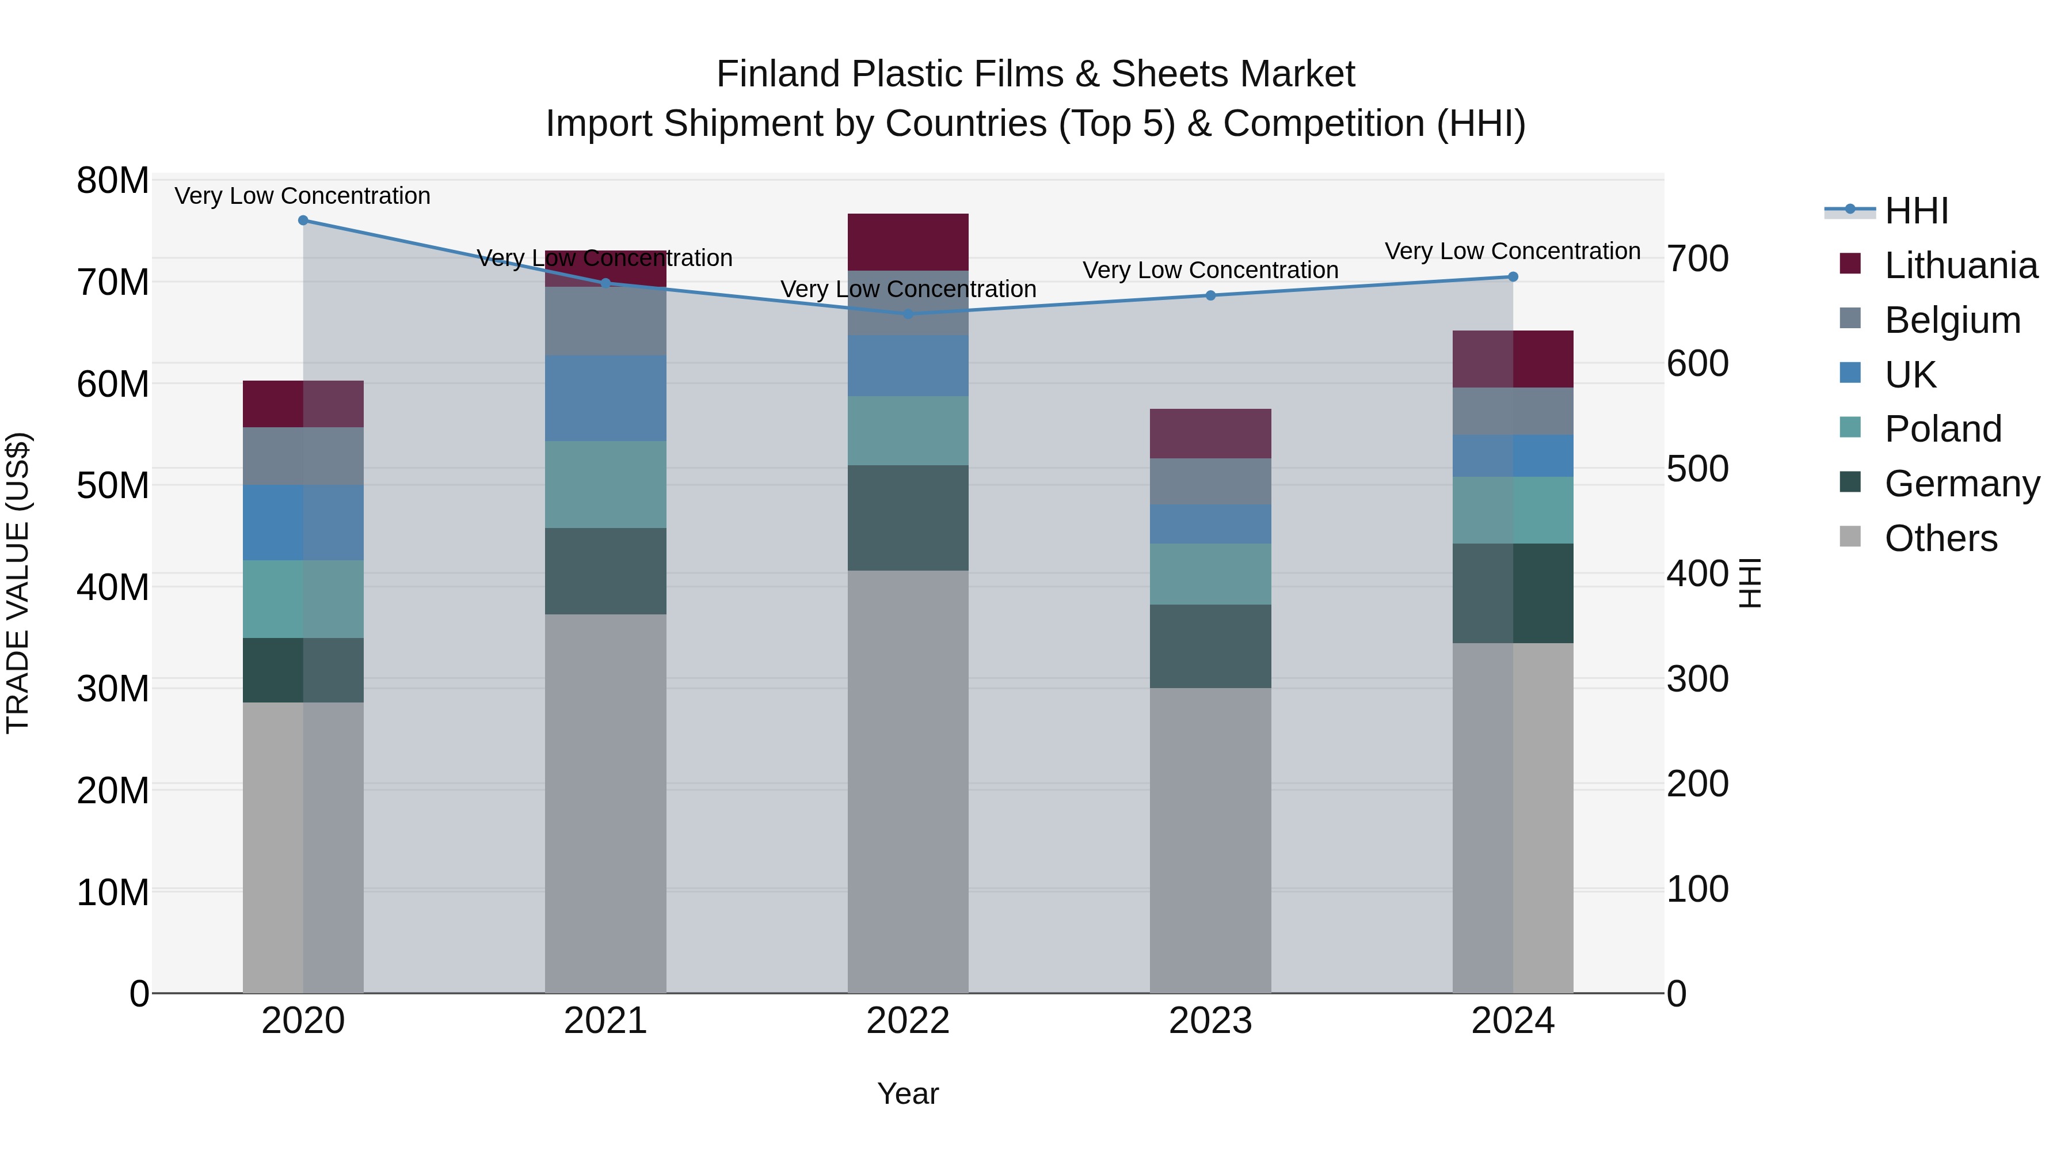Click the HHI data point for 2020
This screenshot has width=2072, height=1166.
303,221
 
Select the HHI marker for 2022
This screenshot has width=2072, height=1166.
908,314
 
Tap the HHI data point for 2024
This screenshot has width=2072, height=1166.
1513,277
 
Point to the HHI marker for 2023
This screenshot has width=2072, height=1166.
1210,295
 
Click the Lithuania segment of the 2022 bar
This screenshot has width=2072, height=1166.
908,242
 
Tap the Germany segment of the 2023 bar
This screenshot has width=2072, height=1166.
1210,646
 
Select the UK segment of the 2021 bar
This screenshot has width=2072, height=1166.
605,398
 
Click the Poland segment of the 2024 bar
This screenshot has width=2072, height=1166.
1513,510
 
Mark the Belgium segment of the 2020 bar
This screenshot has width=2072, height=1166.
303,456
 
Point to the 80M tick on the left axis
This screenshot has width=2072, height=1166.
113,181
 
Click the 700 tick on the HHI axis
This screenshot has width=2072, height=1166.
1697,259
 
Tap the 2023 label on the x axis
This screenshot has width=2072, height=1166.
1210,1021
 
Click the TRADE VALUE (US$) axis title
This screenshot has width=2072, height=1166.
18,583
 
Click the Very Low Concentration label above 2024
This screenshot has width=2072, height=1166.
1513,251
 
